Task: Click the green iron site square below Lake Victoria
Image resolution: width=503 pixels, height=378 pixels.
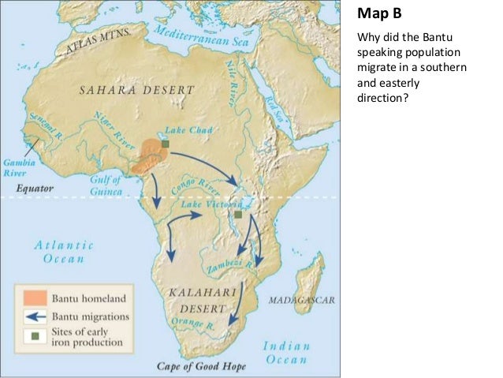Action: (237, 214)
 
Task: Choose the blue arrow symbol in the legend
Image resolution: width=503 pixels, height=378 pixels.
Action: (34, 316)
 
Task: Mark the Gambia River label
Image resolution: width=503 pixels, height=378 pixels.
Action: (17, 163)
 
